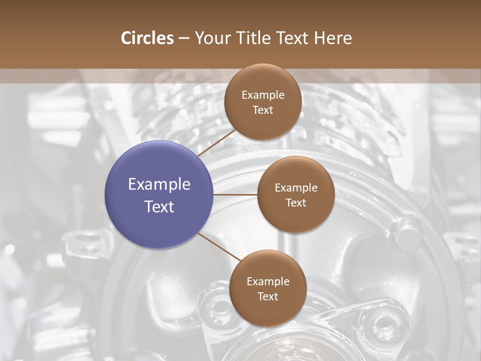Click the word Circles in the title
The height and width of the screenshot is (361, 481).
[147, 38]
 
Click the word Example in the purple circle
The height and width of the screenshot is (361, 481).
[159, 185]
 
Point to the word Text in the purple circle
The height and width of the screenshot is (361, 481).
[159, 207]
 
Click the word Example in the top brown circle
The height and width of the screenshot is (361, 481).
[263, 95]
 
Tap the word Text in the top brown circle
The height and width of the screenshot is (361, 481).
[263, 110]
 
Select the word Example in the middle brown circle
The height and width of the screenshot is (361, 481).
[296, 188]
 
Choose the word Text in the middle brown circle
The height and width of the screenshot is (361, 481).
[296, 203]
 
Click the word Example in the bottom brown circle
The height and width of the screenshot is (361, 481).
[268, 282]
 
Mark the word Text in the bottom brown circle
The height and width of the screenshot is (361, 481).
[268, 296]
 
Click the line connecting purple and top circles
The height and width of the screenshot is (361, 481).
[216, 142]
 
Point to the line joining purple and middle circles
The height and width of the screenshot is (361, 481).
[235, 195]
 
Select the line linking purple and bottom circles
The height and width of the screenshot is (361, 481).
[219, 246]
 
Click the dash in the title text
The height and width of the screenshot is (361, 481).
[184, 39]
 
